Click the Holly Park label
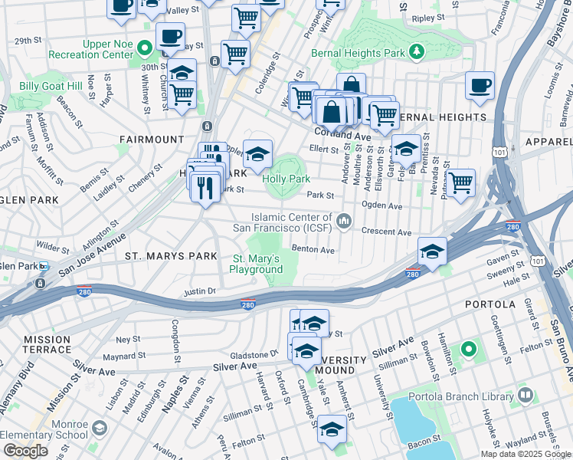pyautogui.click(x=286, y=179)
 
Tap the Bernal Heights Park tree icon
pyautogui.click(x=416, y=52)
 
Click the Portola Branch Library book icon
pyautogui.click(x=525, y=396)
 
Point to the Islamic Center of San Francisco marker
pyautogui.click(x=345, y=222)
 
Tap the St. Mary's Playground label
pyautogui.click(x=257, y=264)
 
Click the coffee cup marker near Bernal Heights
pyautogui.click(x=480, y=86)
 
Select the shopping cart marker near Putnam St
pyautogui.click(x=460, y=183)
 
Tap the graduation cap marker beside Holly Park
pyautogui.click(x=258, y=153)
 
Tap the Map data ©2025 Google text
pyautogui.click(x=525, y=454)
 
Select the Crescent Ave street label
pyautogui.click(x=386, y=232)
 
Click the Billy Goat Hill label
pyautogui.click(x=50, y=87)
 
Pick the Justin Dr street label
pyautogui.click(x=200, y=291)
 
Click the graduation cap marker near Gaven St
pyautogui.click(x=432, y=251)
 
